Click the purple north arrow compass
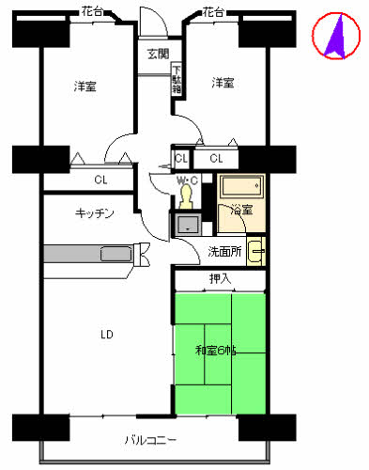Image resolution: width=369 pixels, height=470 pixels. click(336, 36)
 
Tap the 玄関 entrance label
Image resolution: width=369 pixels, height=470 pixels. click(159, 54)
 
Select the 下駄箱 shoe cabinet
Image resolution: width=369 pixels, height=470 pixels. click(177, 80)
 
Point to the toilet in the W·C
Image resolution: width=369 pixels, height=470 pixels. click(186, 196)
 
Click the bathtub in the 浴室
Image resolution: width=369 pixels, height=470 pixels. click(241, 186)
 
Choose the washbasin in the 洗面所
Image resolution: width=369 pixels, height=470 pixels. click(256, 251)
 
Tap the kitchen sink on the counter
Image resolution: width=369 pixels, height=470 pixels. click(116, 254)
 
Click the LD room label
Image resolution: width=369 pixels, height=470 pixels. click(107, 335)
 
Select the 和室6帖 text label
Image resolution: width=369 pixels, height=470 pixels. click(216, 351)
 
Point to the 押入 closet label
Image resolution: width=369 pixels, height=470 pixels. click(220, 278)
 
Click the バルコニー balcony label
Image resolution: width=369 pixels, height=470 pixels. click(150, 440)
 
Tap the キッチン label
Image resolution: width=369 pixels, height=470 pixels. click(95, 213)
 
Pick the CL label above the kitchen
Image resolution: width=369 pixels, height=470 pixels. click(100, 180)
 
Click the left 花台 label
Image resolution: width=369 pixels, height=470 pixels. click(92, 11)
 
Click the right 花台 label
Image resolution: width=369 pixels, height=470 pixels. click(213, 12)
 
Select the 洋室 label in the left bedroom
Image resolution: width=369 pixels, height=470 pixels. click(85, 86)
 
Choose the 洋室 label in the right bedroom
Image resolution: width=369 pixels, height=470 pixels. click(223, 83)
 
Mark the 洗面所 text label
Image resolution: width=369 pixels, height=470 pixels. click(224, 251)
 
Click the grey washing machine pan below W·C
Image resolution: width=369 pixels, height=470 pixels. click(188, 225)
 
